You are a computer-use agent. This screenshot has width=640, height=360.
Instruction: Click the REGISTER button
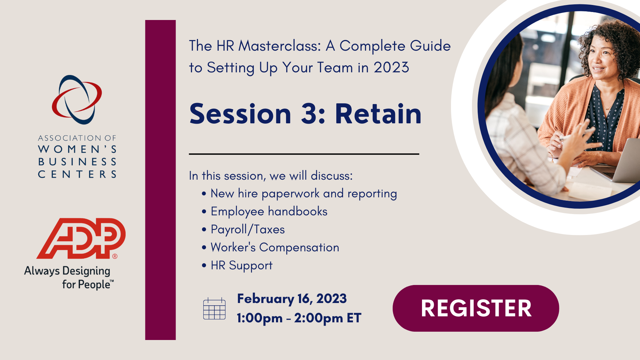click(476, 308)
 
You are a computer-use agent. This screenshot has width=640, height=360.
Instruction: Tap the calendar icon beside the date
click(214, 309)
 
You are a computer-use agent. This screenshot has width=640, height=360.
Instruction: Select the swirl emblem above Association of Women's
click(77, 99)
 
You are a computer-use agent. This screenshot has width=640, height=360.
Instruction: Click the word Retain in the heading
click(378, 114)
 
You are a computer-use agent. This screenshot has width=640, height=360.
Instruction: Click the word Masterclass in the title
click(279, 46)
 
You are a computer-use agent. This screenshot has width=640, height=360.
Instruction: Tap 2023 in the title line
click(391, 67)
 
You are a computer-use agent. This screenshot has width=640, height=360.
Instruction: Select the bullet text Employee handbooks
click(269, 211)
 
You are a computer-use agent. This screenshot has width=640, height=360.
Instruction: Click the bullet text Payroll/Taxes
click(248, 229)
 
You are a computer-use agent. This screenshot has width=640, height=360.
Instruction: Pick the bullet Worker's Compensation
click(275, 247)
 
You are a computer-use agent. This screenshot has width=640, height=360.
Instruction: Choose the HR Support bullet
click(242, 265)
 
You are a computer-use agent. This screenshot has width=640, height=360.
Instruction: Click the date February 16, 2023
click(292, 299)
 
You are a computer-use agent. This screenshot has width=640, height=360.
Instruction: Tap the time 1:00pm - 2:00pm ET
click(299, 318)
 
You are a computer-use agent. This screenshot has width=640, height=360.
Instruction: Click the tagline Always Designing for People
click(69, 278)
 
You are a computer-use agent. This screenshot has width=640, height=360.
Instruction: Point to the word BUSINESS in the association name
click(77, 162)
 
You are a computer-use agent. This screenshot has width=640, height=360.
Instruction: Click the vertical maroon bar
click(160, 180)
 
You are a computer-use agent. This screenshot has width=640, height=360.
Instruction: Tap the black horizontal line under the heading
click(304, 154)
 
